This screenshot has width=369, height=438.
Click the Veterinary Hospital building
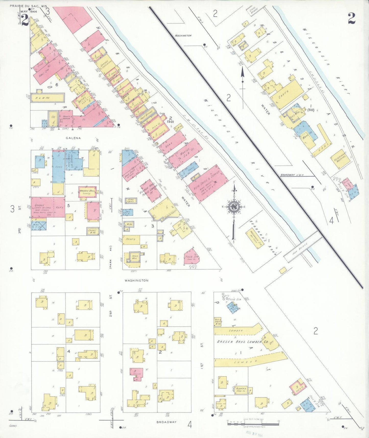coord(340,159)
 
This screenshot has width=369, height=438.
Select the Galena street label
coord(73,138)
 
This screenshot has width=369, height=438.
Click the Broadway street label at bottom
coord(166,422)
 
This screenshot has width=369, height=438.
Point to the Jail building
coord(127,212)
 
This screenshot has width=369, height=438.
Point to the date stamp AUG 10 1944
coord(254,432)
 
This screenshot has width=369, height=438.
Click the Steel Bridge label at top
coord(252,11)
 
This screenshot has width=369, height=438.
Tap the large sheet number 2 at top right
coord(352,18)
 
